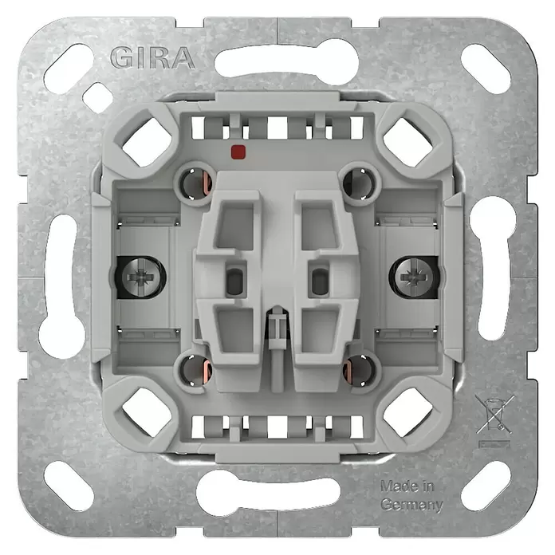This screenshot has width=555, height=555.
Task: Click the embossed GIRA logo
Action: pos(152,57)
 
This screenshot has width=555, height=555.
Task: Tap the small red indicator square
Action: pos(238,152)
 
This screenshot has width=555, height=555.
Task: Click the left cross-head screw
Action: pos(142,277)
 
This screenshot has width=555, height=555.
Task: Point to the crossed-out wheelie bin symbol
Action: pos(494,415)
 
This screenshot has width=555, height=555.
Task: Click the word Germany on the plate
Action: pos(411,505)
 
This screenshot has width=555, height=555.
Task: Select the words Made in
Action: pos(407,486)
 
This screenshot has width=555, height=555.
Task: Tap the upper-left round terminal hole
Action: pos(195,183)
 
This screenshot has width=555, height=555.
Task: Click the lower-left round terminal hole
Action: pos(195,370)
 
